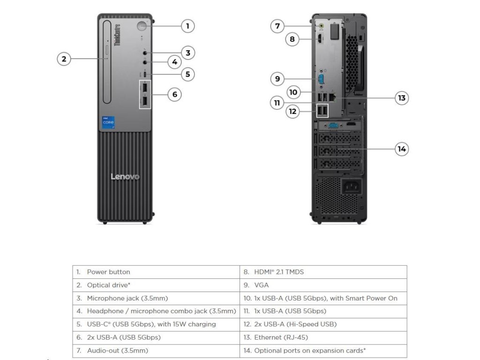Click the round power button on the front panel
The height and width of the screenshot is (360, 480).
[x=142, y=26]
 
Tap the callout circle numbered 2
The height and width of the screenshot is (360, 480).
[x=64, y=59]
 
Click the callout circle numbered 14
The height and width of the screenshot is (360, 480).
[x=402, y=149]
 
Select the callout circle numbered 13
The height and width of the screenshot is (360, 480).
[x=402, y=98]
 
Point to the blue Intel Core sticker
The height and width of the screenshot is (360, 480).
[x=108, y=122]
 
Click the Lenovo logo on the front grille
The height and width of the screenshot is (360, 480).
[x=125, y=177]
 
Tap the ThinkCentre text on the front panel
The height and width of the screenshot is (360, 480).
[x=117, y=35]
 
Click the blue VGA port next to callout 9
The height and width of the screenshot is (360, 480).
[x=321, y=79]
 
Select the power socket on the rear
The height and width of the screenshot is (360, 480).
[x=352, y=186]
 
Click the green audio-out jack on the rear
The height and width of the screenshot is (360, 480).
[x=321, y=26]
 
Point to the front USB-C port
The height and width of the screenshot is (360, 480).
[x=145, y=75]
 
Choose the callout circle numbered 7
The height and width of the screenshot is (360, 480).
[x=277, y=26]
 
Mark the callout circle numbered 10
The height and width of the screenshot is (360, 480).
[x=293, y=92]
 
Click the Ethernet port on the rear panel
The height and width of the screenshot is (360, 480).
[x=332, y=97]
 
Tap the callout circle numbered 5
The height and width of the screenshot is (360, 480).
[x=187, y=74]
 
